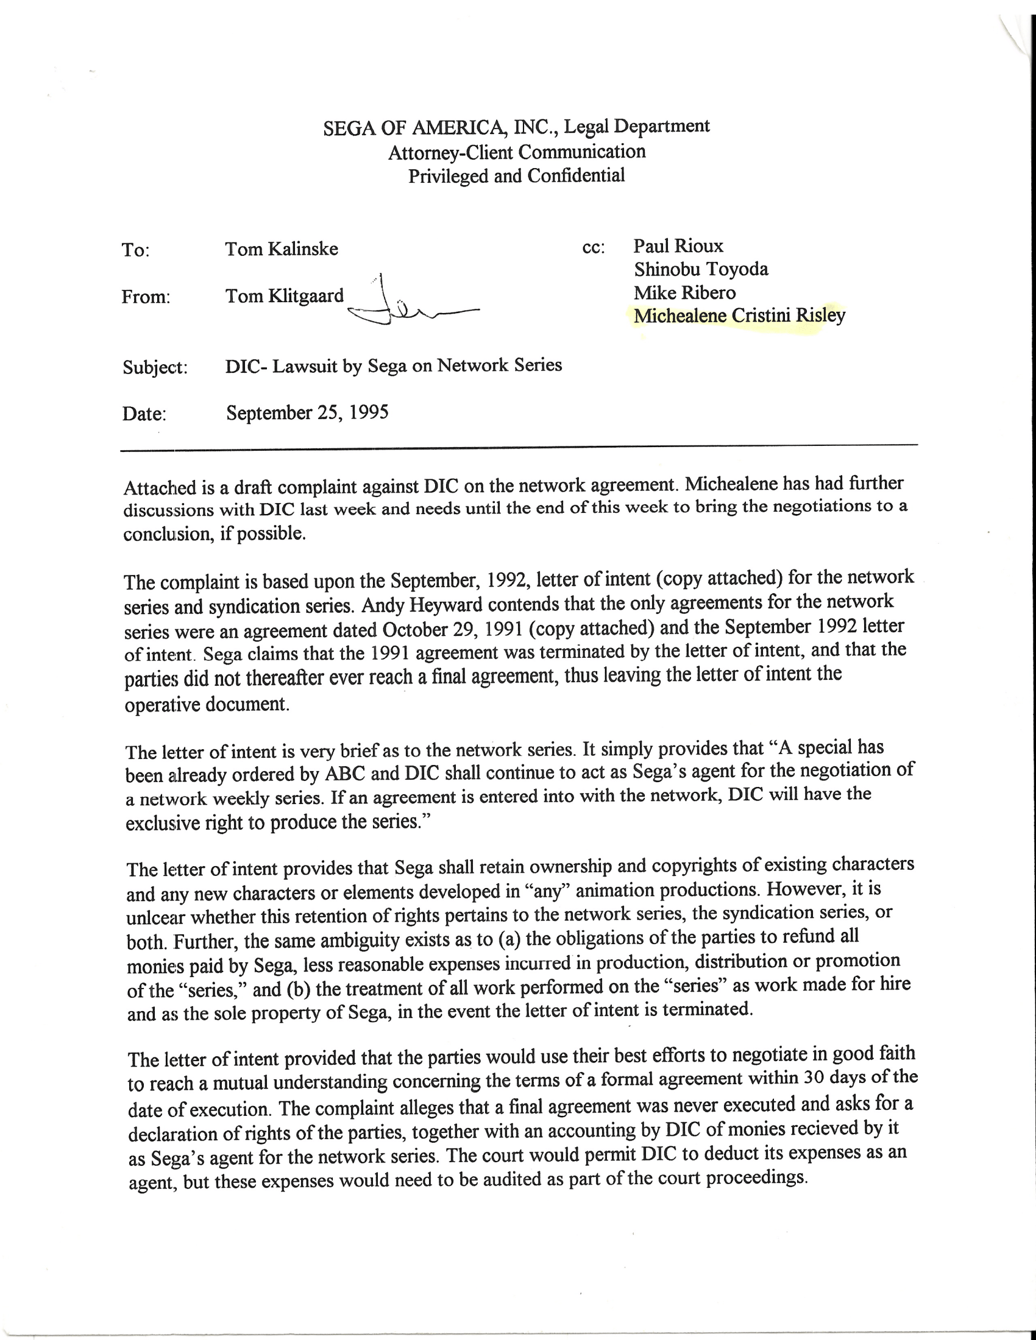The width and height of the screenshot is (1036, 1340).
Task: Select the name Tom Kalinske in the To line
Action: point(281,249)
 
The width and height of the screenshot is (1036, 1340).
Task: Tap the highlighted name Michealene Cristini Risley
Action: point(739,316)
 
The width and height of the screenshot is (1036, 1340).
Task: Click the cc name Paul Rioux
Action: point(678,246)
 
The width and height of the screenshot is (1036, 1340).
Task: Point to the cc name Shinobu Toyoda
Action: point(701,269)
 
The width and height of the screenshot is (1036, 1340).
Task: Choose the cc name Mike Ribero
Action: point(684,292)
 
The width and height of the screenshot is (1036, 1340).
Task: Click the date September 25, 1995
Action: point(307,412)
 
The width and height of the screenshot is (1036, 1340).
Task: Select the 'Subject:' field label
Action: point(155,367)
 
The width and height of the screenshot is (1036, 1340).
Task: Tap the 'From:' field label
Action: point(146,297)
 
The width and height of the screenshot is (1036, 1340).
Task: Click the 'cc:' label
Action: point(593,248)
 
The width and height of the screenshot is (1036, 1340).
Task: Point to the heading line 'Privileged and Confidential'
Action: point(516,176)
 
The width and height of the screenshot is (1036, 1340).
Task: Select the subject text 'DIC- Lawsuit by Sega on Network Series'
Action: point(394,365)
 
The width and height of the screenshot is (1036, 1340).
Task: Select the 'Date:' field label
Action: point(144,414)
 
